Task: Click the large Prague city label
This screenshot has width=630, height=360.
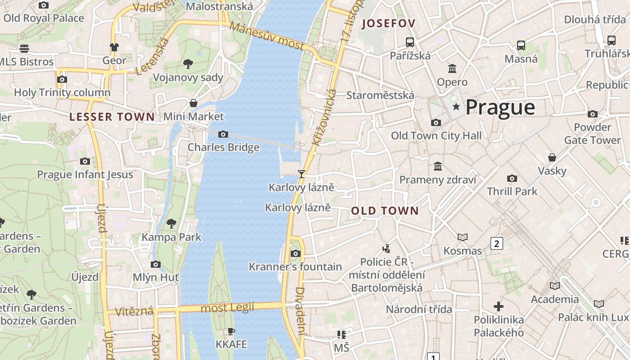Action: coord(500,108)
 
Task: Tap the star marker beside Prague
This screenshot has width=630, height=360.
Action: coord(456,107)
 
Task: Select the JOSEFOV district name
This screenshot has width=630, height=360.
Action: coord(388,23)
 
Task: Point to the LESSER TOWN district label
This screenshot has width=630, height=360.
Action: coord(112,117)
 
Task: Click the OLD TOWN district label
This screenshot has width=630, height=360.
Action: coord(385,211)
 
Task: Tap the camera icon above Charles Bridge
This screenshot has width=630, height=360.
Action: coord(223,134)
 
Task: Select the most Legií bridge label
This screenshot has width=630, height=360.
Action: coord(227,308)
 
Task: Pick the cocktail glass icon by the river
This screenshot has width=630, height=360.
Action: coord(301,174)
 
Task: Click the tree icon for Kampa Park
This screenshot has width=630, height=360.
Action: coord(171,223)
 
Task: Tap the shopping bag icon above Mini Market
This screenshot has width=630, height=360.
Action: coord(193,103)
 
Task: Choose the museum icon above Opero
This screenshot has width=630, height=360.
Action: coord(452,69)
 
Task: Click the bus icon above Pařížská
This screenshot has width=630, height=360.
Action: coord(409,42)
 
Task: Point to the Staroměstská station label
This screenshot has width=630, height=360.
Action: coord(380,95)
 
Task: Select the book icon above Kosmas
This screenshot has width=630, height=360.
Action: coord(462,237)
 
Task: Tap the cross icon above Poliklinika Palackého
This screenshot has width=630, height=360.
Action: coord(499,306)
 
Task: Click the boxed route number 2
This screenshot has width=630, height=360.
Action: coord(496,243)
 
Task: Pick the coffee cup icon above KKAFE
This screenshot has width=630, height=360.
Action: coord(231,331)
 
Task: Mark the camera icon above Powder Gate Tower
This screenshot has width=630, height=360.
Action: coord(593,114)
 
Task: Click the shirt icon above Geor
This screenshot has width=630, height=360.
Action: coord(114,47)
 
